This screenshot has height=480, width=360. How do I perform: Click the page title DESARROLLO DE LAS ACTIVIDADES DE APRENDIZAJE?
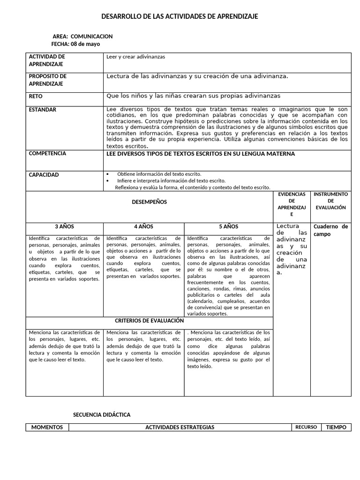pyautogui.click(x=180, y=17)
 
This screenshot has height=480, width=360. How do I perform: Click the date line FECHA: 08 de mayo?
pyautogui.click(x=75, y=44)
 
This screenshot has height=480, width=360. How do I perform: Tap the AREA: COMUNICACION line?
pyautogui.click(x=82, y=36)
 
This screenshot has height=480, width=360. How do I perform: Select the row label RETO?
pyautogui.click(x=36, y=96)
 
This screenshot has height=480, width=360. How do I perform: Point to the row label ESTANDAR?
pyautogui.click(x=43, y=110)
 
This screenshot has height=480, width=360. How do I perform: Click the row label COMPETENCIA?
pyautogui.click(x=47, y=153)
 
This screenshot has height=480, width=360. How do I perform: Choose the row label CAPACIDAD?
pyautogui.click(x=44, y=175)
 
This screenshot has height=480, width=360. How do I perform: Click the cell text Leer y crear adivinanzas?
pyautogui.click(x=135, y=57)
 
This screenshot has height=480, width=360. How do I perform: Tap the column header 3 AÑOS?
pyautogui.click(x=64, y=226)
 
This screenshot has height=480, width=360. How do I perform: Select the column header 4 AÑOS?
pyautogui.click(x=143, y=226)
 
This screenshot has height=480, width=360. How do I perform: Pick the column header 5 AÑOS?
pyautogui.click(x=228, y=226)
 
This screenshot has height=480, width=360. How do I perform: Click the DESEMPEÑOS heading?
pyautogui.click(x=149, y=202)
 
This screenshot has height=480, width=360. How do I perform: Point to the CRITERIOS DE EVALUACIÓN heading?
pyautogui.click(x=149, y=321)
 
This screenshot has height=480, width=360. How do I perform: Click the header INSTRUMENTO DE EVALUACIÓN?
pyautogui.click(x=330, y=201)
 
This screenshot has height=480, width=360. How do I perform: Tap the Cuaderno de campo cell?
pyautogui.click(x=330, y=230)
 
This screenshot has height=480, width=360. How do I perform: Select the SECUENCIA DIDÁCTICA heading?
pyautogui.click(x=102, y=415)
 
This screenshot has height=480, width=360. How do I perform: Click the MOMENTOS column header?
pyautogui.click(x=47, y=427)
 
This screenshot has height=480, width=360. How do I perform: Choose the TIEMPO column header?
pyautogui.click(x=336, y=427)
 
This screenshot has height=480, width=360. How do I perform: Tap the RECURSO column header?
pyautogui.click(x=306, y=427)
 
